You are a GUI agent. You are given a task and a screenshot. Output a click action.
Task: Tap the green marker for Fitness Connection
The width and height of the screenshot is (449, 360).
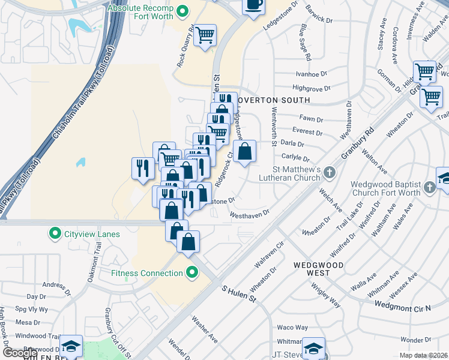point(192,273)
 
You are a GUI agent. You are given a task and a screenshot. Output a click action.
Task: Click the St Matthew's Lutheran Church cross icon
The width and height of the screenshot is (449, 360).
point(329,173)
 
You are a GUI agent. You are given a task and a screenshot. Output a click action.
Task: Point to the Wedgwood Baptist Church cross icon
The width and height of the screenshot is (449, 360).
point(429,188)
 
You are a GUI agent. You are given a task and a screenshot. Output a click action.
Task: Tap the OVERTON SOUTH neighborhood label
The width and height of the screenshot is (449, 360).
point(273,100)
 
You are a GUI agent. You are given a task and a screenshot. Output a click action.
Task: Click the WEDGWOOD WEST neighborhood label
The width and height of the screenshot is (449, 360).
point(312,269)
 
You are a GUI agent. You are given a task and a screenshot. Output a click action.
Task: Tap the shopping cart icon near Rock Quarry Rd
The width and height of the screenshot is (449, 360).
point(205,35)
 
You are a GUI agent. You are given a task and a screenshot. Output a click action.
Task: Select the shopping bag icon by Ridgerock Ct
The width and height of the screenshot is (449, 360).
point(245,152)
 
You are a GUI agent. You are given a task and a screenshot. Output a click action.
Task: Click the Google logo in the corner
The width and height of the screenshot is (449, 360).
point(19,353)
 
